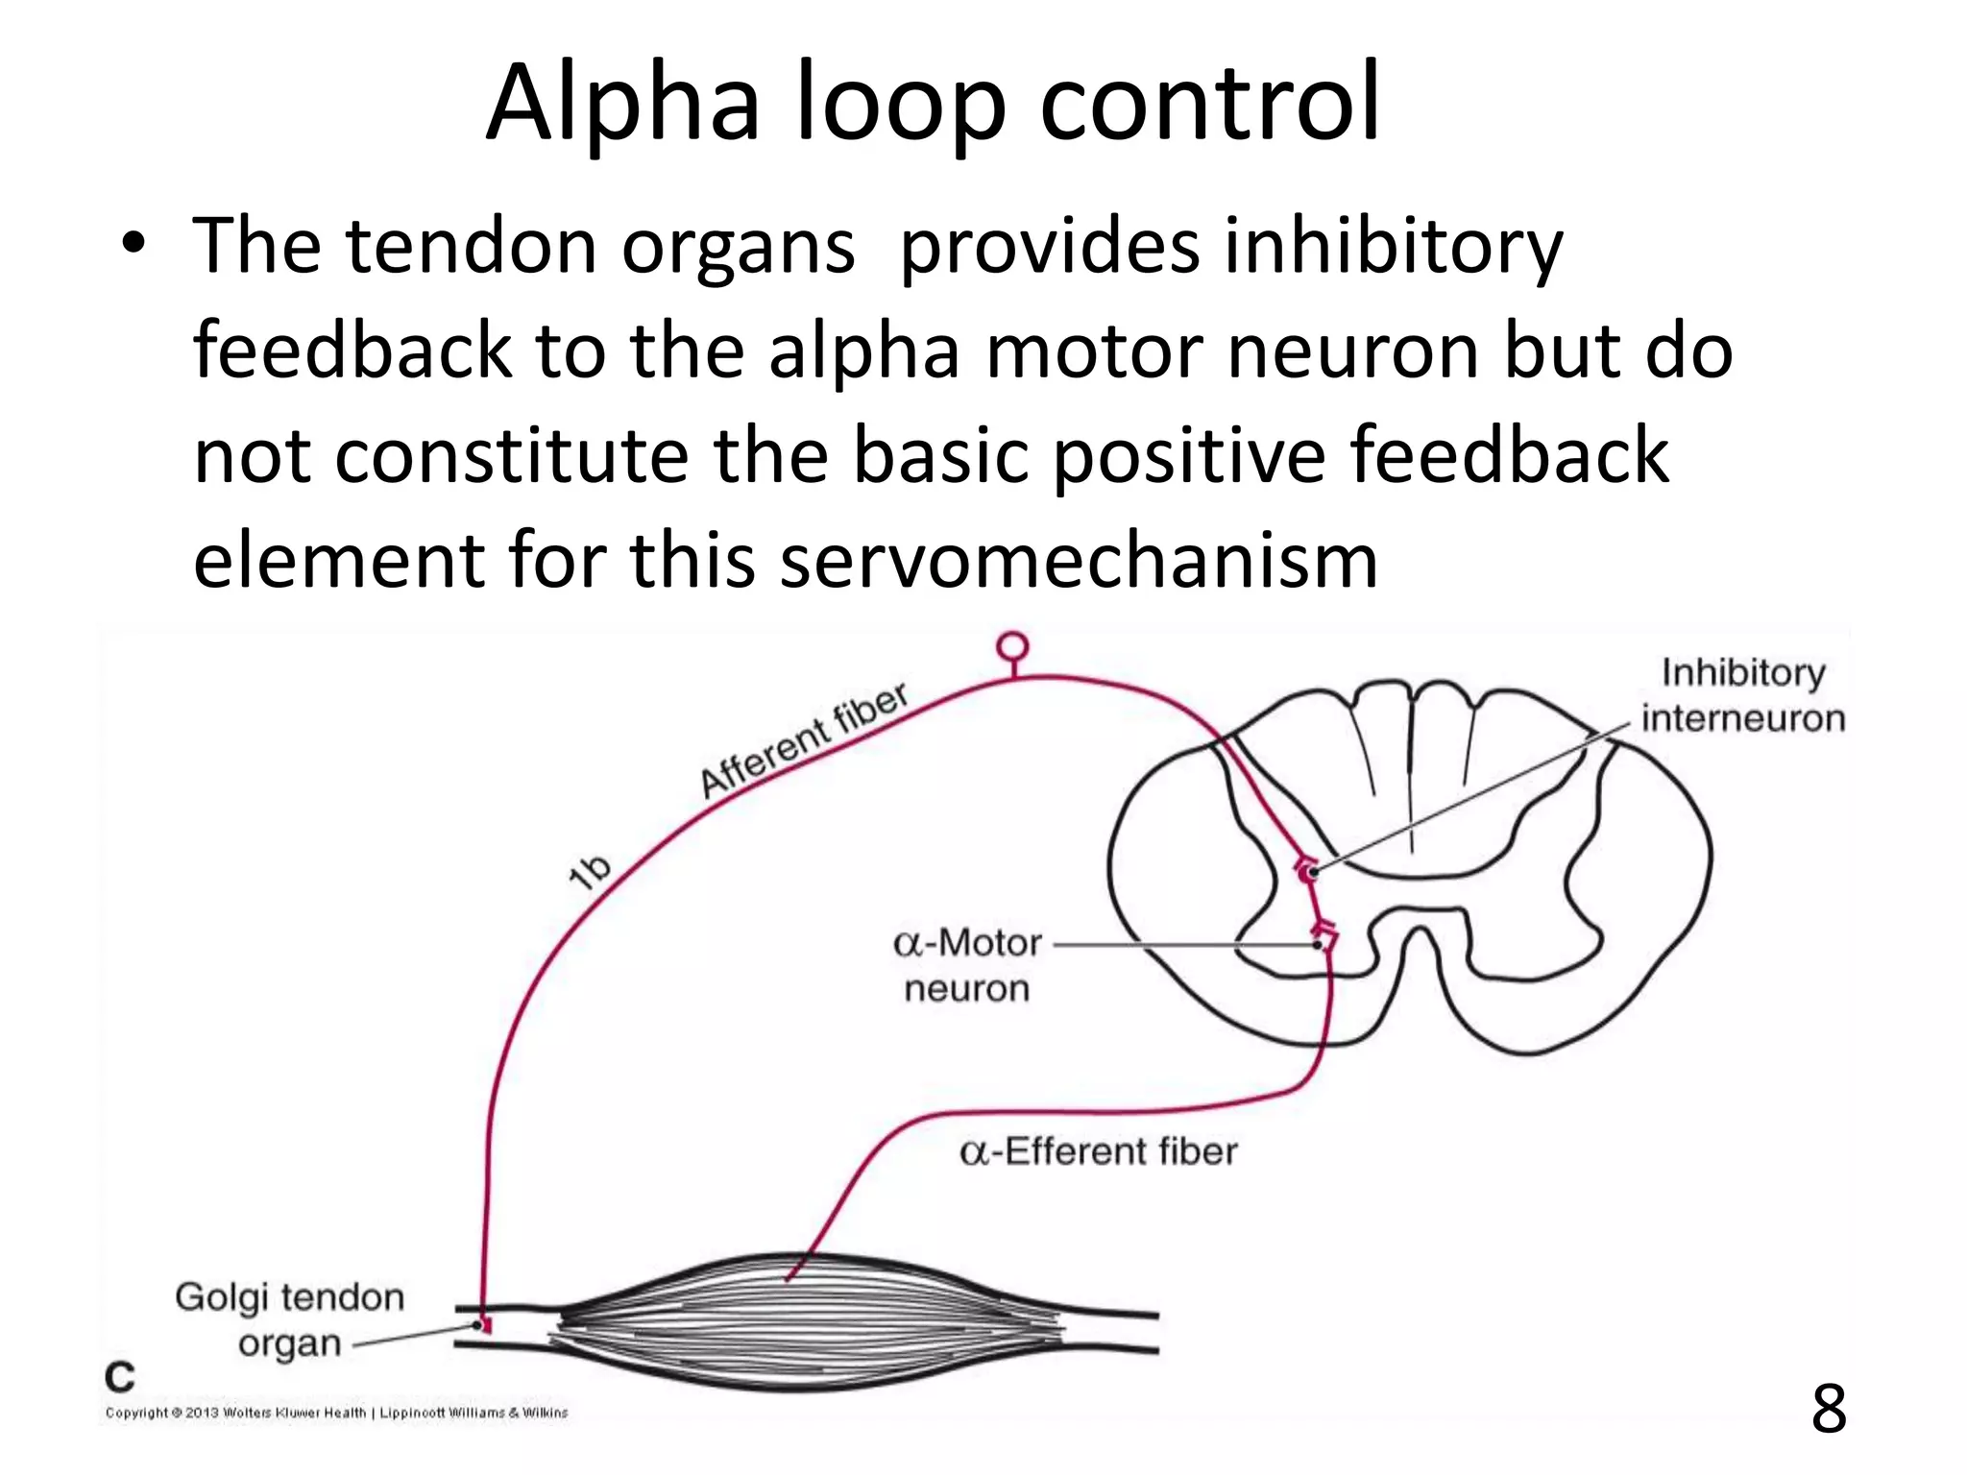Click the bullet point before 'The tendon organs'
point(134,243)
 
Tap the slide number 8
point(1828,1408)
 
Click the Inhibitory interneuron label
point(1742,695)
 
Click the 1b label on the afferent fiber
point(589,871)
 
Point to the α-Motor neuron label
point(967,965)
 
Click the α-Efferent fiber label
point(1098,1150)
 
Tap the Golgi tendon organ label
point(289,1319)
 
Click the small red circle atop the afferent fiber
point(1012,647)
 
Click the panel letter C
point(120,1377)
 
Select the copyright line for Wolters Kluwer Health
point(336,1413)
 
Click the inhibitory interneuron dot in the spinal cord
point(1311,872)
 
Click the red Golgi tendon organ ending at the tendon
point(484,1326)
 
